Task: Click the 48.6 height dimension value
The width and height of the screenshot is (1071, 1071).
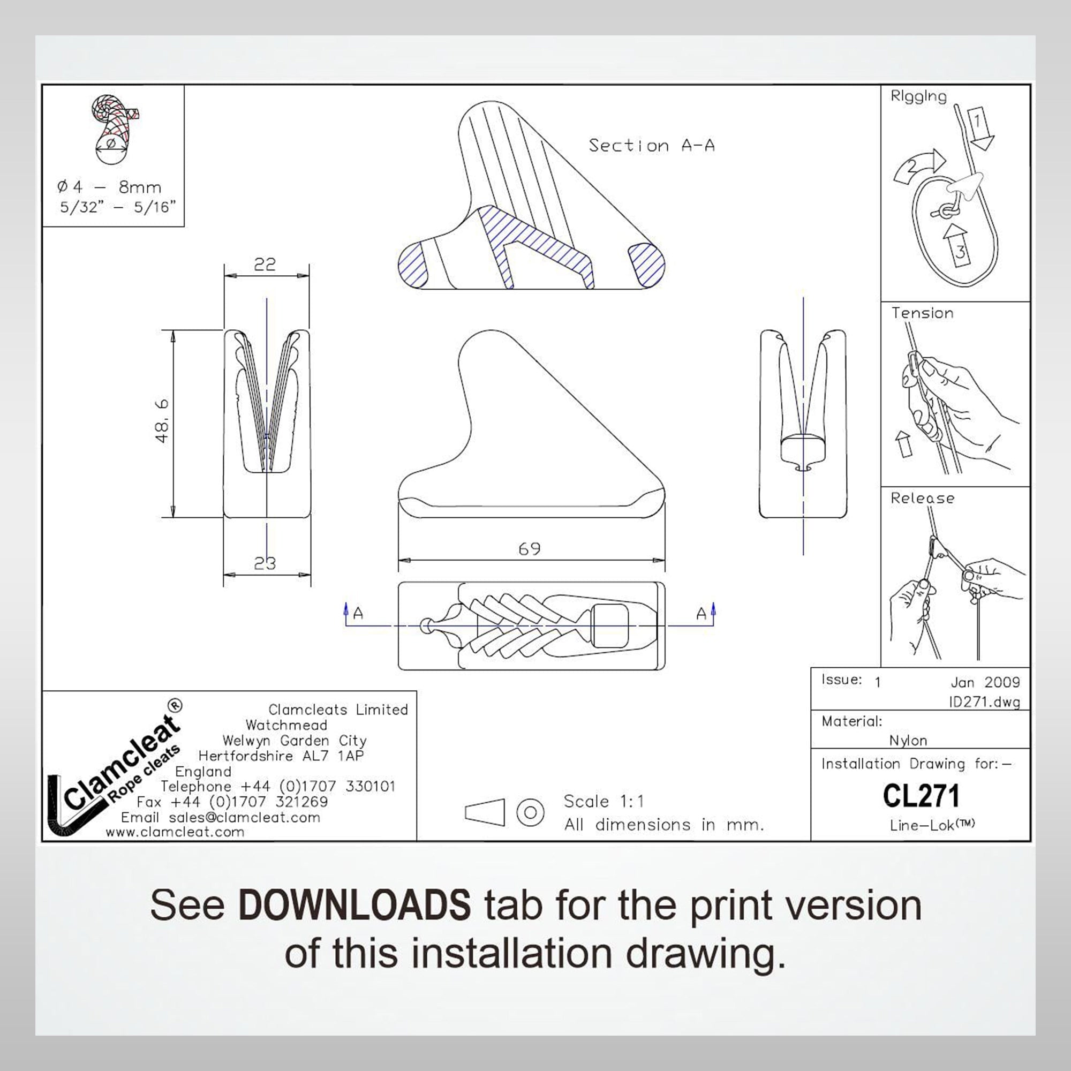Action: pyautogui.click(x=162, y=422)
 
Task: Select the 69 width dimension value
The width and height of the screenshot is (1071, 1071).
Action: pyautogui.click(x=530, y=549)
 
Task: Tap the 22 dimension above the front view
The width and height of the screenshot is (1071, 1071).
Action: pyautogui.click(x=265, y=265)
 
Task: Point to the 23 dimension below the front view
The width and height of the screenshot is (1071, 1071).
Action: pyautogui.click(x=265, y=563)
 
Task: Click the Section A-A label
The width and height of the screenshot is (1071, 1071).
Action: pyautogui.click(x=651, y=146)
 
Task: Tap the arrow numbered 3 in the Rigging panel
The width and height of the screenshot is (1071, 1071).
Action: pyautogui.click(x=959, y=247)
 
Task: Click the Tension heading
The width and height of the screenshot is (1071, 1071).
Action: pyautogui.click(x=923, y=313)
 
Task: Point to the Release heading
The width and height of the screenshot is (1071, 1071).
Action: pyautogui.click(x=923, y=498)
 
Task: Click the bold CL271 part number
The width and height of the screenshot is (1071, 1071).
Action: pyautogui.click(x=921, y=796)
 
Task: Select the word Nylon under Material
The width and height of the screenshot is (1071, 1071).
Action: pyautogui.click(x=908, y=741)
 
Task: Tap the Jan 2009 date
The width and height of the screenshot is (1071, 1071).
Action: pyautogui.click(x=985, y=682)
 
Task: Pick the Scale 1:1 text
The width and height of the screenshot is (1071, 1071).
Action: pyautogui.click(x=604, y=801)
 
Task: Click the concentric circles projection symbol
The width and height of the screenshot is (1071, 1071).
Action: pyautogui.click(x=530, y=813)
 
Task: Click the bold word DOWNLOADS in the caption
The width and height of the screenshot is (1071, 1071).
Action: pyautogui.click(x=355, y=905)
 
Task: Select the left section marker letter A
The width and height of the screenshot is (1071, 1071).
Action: pyautogui.click(x=358, y=614)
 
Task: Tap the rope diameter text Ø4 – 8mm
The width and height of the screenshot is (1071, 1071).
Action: pyautogui.click(x=109, y=187)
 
